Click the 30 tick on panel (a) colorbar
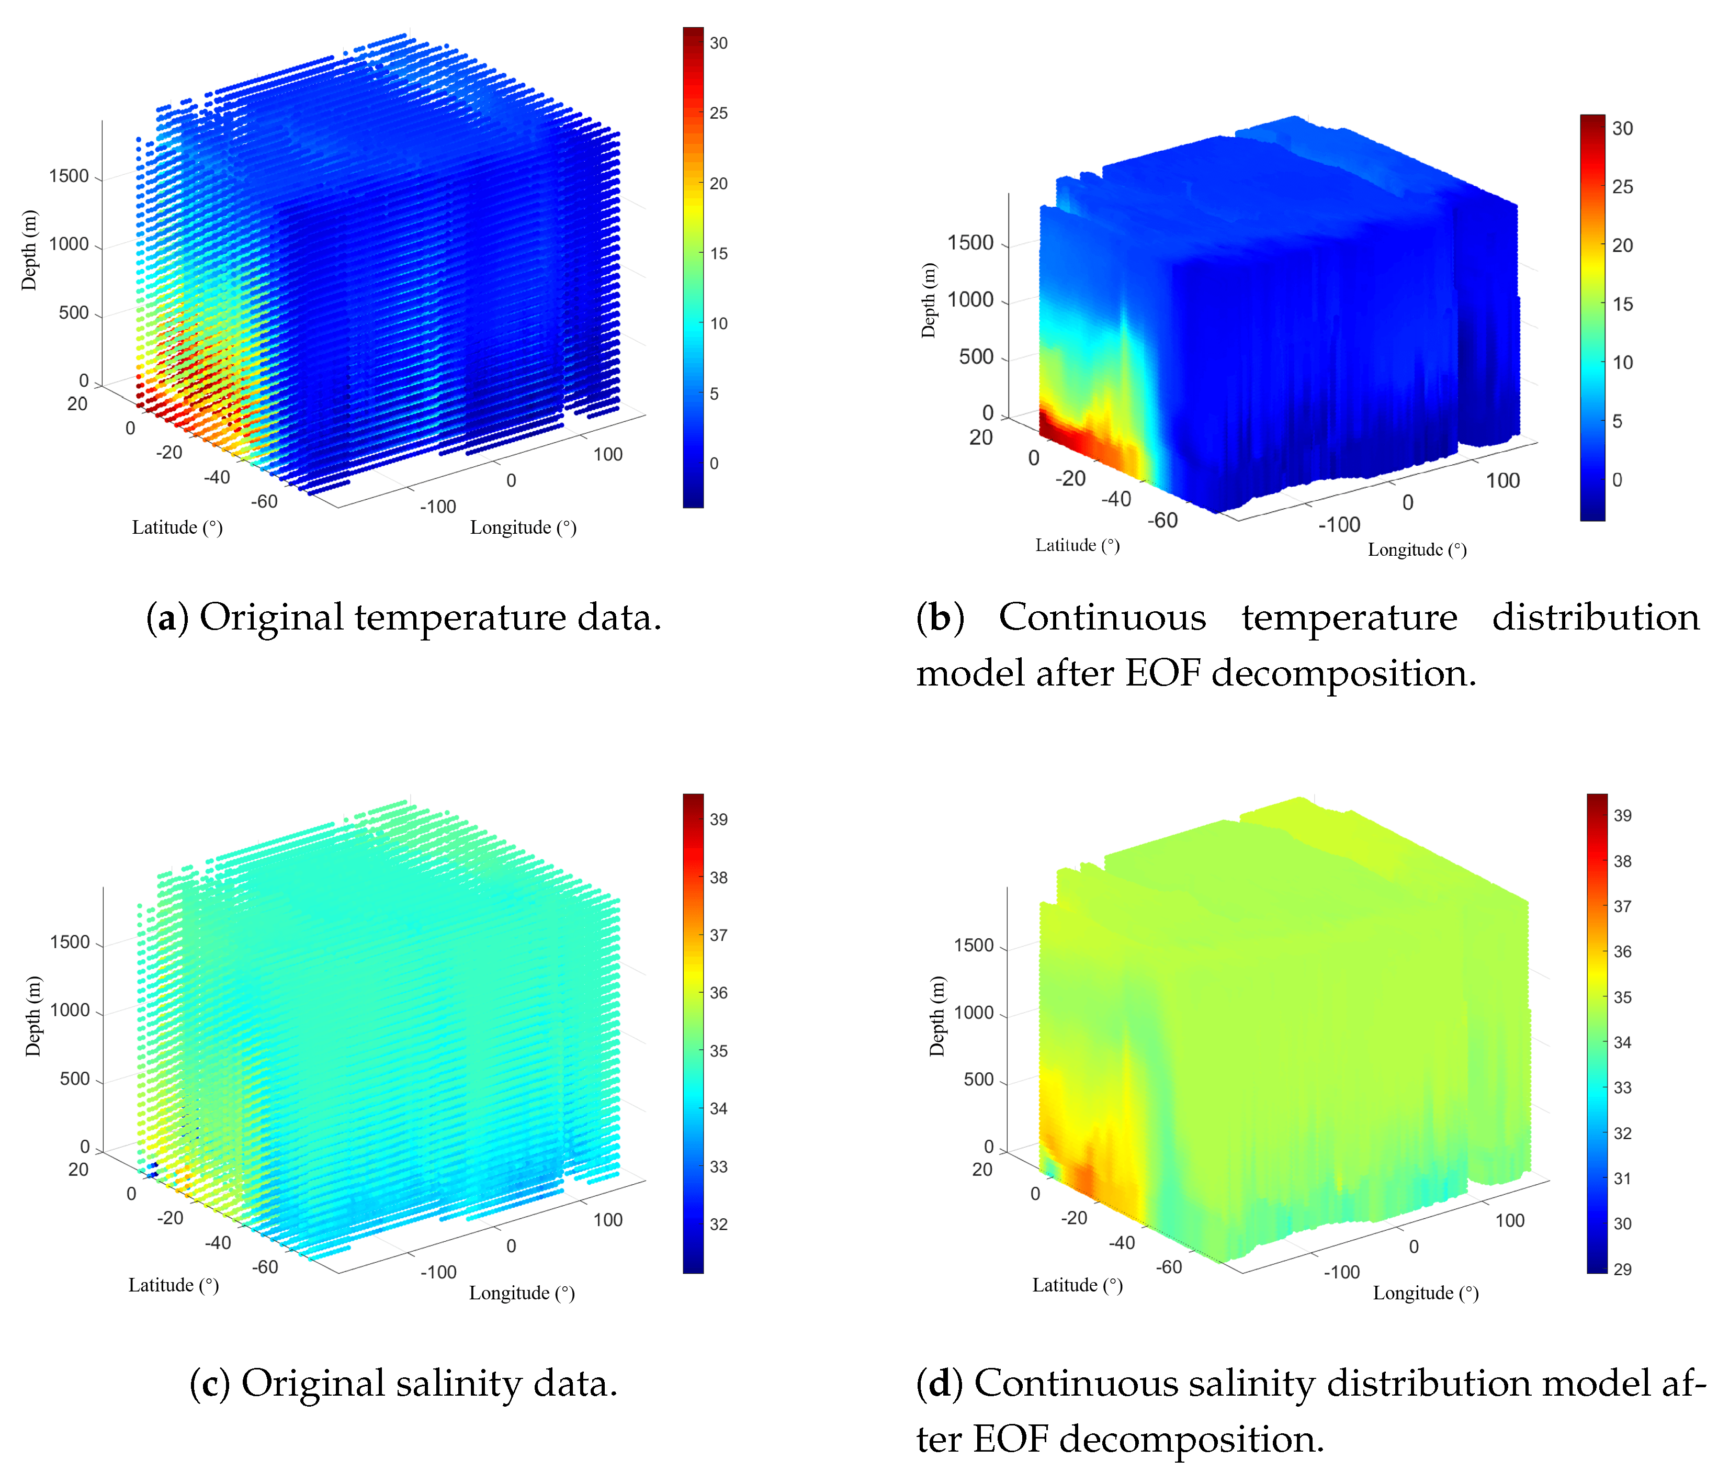click(718, 43)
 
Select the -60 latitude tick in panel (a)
click(265, 502)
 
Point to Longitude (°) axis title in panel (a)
click(523, 527)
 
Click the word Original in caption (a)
click(271, 617)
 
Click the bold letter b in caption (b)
click(940, 617)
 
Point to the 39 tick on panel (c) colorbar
click(718, 819)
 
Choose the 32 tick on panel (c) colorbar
click(718, 1225)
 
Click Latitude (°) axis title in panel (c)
click(173, 1285)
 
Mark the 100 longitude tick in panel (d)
click(1509, 1220)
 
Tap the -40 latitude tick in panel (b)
click(1115, 499)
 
